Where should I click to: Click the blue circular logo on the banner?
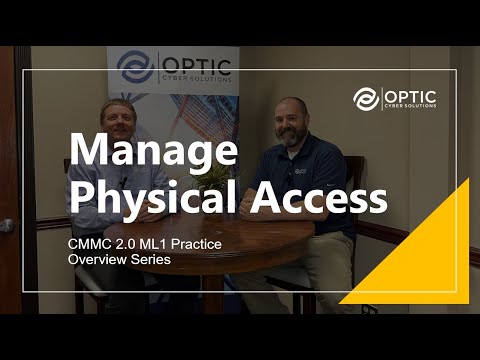pos(135,67)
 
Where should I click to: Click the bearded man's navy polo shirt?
pos(320,170)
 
